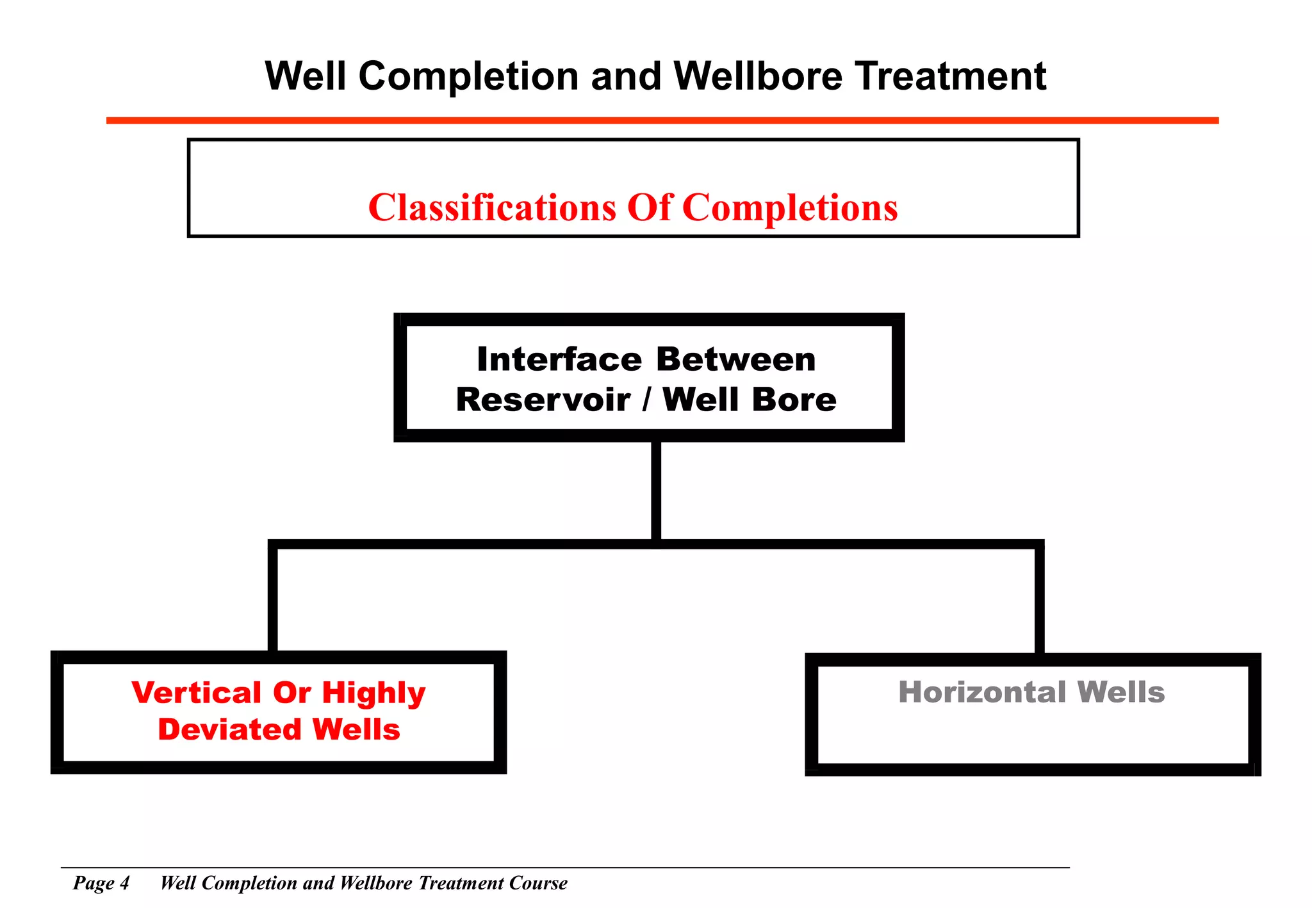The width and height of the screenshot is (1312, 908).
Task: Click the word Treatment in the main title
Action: tap(951, 76)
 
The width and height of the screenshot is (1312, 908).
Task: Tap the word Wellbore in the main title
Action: tap(758, 76)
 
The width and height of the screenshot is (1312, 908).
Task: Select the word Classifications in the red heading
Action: tap(492, 207)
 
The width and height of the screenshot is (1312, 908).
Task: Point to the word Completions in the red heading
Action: tap(790, 207)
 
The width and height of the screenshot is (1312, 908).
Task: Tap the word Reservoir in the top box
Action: tap(543, 400)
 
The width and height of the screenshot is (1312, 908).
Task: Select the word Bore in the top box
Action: tap(794, 400)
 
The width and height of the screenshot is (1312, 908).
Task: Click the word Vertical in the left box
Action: tap(197, 693)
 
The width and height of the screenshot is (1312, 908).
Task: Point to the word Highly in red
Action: tap(373, 694)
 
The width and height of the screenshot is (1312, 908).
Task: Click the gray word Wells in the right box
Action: tap(1120, 692)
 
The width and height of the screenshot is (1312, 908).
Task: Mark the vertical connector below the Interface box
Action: tap(656, 490)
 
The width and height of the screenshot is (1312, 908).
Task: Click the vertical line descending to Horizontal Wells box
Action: tap(1039, 599)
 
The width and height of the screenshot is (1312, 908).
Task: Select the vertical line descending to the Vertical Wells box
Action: tap(273, 599)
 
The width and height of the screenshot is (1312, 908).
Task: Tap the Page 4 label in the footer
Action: tap(101, 883)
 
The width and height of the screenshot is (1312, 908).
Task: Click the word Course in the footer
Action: tap(538, 883)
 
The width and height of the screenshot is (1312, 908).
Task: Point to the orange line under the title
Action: tap(662, 120)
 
